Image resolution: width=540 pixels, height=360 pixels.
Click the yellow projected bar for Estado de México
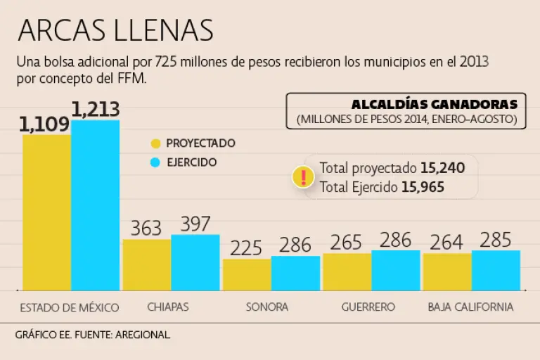[46, 211]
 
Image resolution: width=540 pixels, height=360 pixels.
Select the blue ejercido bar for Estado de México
[95, 205]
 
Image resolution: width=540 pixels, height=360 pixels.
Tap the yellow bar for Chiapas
[146, 264]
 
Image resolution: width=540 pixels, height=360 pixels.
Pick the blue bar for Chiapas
[195, 262]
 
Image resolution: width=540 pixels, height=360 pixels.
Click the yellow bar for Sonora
[247, 274]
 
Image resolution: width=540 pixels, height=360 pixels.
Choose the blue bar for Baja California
[496, 270]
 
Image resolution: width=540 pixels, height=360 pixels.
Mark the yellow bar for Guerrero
[347, 271]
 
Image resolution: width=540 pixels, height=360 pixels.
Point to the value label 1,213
[96, 110]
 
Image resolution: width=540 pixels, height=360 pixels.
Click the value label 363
[146, 229]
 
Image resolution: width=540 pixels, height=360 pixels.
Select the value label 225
[246, 248]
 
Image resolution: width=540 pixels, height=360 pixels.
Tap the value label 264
[446, 243]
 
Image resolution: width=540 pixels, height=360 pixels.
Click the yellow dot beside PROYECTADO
[156, 143]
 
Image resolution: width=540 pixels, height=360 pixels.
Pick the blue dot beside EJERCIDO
[156, 162]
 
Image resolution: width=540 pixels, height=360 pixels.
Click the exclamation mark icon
[303, 177]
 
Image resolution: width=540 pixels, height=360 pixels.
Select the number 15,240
[442, 168]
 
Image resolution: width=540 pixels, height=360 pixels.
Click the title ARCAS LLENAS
[115, 30]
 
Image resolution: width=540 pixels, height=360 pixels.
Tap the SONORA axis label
[266, 307]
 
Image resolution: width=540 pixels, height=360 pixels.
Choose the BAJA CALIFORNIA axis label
[470, 307]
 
